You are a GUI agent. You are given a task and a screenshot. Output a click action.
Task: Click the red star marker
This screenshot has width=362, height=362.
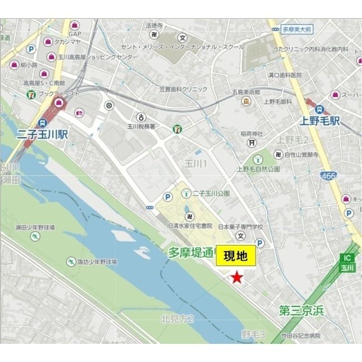pos(236,277)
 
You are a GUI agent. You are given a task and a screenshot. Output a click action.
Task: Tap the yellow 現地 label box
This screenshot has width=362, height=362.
pos(236,256)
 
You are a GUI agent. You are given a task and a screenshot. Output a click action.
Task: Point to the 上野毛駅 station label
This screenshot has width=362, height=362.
pos(320,120)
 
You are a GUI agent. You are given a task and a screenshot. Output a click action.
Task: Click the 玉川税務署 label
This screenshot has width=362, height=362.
pos(140,128)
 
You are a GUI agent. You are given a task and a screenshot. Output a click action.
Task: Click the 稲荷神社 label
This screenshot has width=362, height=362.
pos(252,134)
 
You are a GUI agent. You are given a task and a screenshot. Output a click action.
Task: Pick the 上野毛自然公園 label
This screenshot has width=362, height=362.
pos(258,169)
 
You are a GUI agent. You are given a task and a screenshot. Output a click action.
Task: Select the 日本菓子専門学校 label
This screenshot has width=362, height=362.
pos(242,227)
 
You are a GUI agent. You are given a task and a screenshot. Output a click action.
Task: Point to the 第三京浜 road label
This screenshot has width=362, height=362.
pos(301,310)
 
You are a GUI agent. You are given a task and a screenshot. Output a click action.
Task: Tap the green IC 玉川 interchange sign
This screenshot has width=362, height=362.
pos(347,262)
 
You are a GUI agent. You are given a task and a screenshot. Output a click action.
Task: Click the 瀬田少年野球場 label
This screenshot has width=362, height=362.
pos(35,227)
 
